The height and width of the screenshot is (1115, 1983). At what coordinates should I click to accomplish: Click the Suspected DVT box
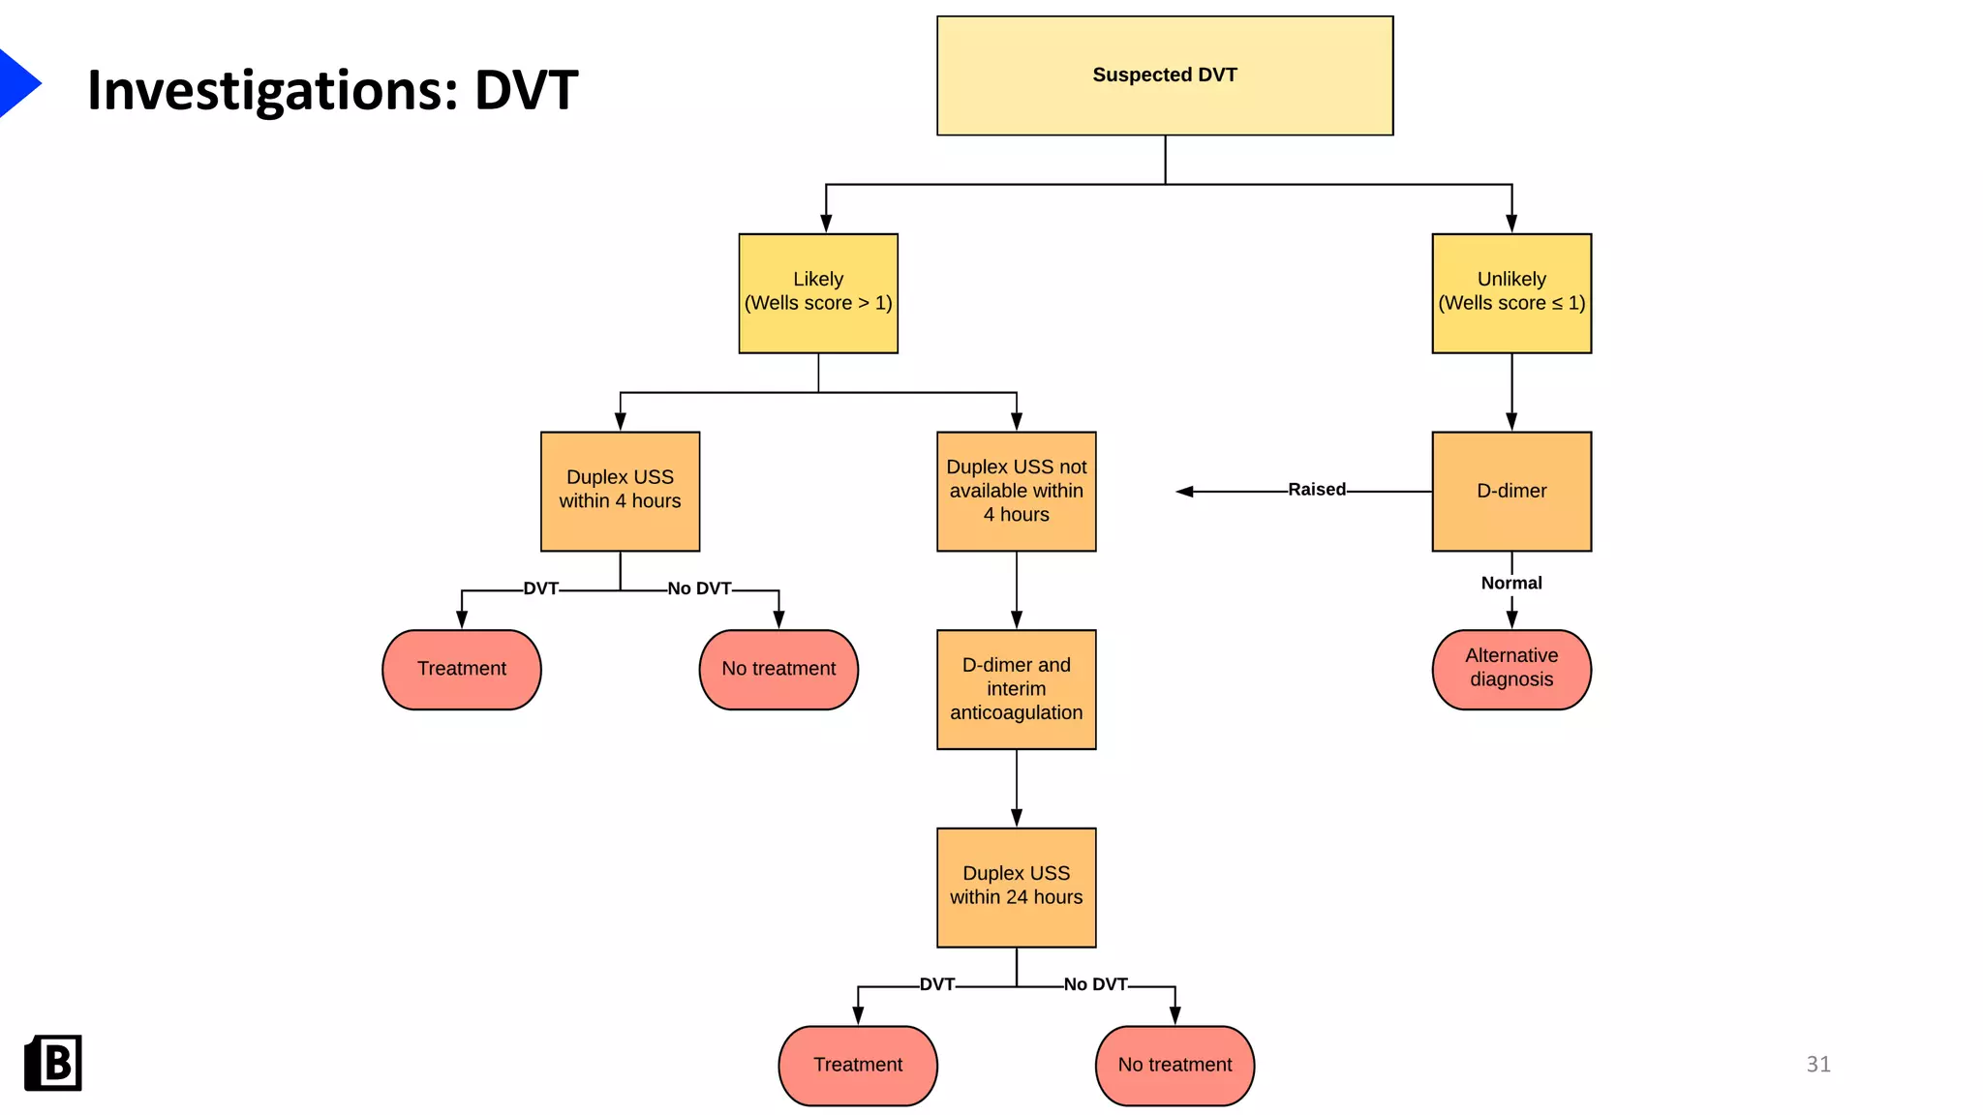(x=1164, y=75)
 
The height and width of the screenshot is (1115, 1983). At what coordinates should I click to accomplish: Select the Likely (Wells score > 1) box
(x=818, y=293)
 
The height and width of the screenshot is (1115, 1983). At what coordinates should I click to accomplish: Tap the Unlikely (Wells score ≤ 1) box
(x=1510, y=293)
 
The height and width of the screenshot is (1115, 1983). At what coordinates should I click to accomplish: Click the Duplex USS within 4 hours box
(x=620, y=491)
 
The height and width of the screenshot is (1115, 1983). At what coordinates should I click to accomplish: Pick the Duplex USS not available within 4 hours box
(x=1016, y=491)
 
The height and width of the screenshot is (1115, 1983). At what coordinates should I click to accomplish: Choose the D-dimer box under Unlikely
(x=1510, y=491)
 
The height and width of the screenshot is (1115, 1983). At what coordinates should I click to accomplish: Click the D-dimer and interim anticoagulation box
(x=1016, y=689)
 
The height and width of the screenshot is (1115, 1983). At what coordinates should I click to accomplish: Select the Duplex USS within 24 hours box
(x=1016, y=887)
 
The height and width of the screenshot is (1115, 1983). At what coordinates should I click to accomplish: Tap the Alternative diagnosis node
(x=1510, y=669)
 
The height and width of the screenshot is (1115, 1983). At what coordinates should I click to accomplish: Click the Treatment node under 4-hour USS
(x=462, y=669)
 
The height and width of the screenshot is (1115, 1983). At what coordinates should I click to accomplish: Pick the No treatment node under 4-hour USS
(x=778, y=669)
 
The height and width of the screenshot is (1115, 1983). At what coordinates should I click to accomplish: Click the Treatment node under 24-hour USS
(x=858, y=1065)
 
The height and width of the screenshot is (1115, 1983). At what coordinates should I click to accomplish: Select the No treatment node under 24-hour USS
(x=1175, y=1065)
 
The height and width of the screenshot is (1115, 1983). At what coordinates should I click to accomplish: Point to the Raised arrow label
(x=1316, y=490)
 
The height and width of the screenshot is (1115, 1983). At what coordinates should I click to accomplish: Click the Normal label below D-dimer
(x=1510, y=583)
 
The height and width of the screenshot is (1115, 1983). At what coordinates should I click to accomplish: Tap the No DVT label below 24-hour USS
(x=1095, y=984)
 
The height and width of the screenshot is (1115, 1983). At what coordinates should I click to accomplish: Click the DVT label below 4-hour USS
(x=540, y=588)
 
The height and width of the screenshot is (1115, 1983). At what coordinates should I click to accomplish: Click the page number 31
(x=1817, y=1065)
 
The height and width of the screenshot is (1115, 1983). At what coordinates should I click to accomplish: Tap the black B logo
(x=53, y=1063)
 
